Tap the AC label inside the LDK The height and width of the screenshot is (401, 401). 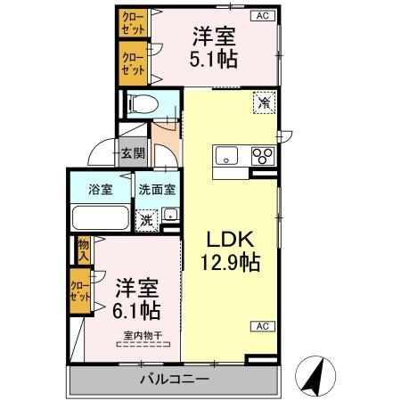click(264, 325)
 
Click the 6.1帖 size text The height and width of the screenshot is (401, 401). click(136, 310)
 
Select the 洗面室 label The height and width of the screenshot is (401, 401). click(156, 189)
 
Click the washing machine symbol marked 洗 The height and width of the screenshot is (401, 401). click(145, 216)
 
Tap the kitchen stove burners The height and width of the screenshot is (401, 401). click(262, 155)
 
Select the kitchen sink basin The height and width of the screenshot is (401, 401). click(225, 155)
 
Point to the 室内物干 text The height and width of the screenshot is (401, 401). click(143, 335)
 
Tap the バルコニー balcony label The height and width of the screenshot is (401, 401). click(174, 381)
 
